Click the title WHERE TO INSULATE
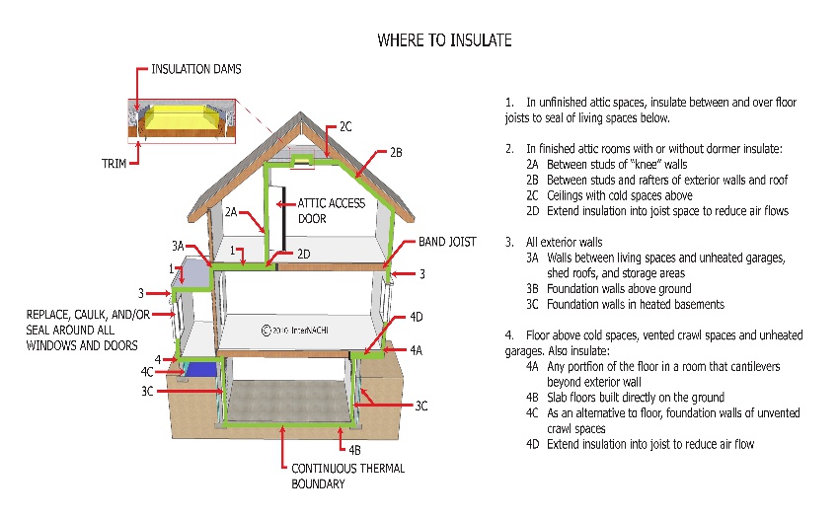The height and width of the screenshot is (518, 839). tap(444, 40)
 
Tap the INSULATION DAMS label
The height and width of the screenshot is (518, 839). tap(195, 69)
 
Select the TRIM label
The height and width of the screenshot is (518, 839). tap(114, 163)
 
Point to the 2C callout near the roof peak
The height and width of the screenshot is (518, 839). tap(345, 127)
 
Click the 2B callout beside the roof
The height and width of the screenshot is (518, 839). tap(396, 153)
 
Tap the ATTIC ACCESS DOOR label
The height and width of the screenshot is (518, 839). tap(332, 211)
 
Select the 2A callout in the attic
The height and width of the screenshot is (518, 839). tap(231, 212)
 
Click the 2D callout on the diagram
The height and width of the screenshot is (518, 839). tap(303, 255)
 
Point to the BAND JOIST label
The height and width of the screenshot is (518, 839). tap(447, 242)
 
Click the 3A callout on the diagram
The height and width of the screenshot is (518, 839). tap(179, 246)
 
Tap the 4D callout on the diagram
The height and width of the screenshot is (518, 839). tap(417, 317)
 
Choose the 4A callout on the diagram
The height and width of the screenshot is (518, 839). tap(417, 350)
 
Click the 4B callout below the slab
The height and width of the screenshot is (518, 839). tap(354, 450)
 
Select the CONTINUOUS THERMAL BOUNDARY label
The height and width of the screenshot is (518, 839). tap(347, 477)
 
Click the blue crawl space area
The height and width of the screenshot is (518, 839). tap(201, 369)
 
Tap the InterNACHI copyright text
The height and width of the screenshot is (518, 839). tap(295, 331)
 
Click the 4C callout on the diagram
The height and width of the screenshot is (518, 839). tap(147, 372)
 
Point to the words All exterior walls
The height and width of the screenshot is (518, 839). tap(564, 243)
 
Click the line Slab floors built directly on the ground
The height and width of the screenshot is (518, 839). tap(635, 398)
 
